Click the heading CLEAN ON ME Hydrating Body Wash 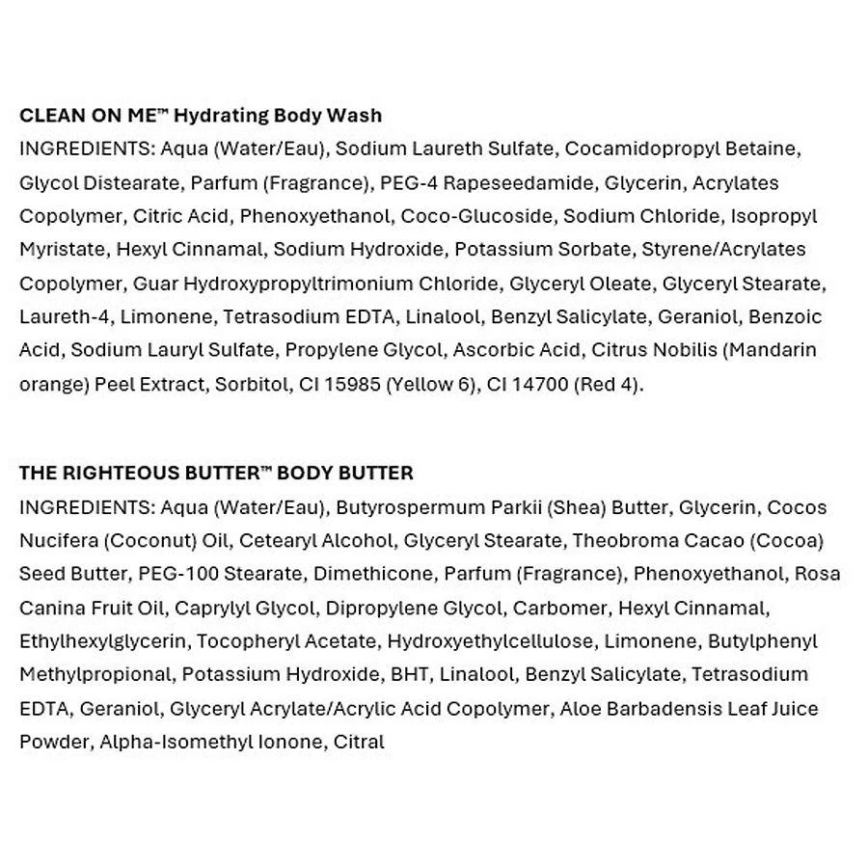click(201, 116)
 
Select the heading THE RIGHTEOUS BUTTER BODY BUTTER click(216, 473)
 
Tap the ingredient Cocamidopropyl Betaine click(683, 149)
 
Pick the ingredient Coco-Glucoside click(476, 216)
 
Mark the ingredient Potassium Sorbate click(542, 250)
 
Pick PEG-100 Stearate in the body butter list click(220, 574)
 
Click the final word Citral click(359, 742)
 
